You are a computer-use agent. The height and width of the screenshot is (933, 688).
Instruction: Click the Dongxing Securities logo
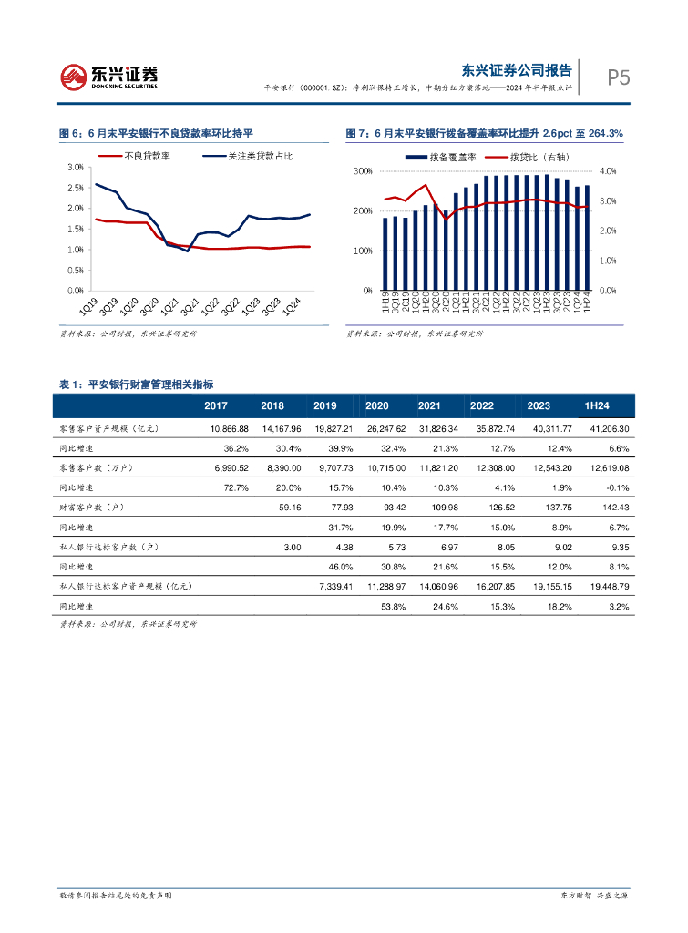(x=110, y=77)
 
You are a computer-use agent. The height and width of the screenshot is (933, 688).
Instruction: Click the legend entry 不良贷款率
(x=148, y=157)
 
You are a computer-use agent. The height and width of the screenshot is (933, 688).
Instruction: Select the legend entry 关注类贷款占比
(x=260, y=157)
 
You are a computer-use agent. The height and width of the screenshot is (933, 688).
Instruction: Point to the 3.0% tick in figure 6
(x=76, y=168)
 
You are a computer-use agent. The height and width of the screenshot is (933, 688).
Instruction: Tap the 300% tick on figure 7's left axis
(x=362, y=171)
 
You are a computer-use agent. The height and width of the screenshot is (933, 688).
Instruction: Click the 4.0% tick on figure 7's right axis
(x=608, y=171)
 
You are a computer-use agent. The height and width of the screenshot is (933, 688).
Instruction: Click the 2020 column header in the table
(x=376, y=405)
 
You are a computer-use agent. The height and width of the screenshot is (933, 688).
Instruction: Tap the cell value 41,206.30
(x=605, y=428)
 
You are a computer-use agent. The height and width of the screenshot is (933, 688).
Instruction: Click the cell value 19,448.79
(x=605, y=586)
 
